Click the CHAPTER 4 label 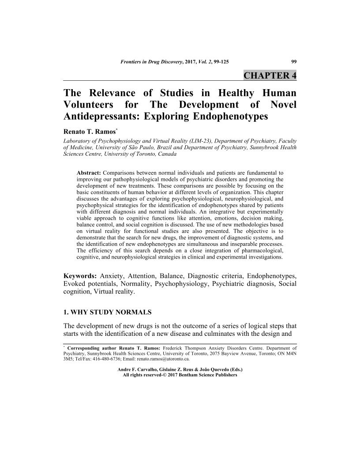click(270, 75)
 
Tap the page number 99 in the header click(293, 61)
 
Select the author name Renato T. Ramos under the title click(90, 132)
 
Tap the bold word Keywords click(81, 276)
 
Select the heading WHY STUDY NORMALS click(112, 312)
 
